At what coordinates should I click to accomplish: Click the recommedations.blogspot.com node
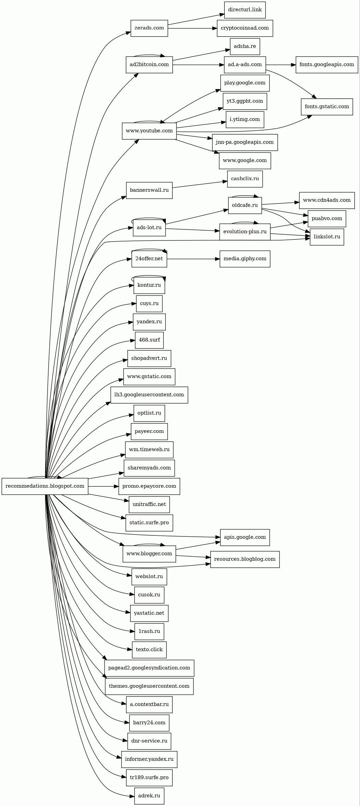coord(45,486)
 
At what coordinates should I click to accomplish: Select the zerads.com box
coord(149,28)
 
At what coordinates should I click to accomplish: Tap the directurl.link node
coord(245,10)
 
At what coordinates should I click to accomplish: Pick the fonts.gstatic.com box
coord(326,107)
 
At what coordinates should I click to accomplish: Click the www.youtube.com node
coord(149,131)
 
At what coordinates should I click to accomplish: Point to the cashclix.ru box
coord(245,179)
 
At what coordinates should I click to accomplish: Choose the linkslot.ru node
coord(326,237)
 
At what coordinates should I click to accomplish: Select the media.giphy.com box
coord(245,259)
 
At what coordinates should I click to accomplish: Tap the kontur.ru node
coord(149,285)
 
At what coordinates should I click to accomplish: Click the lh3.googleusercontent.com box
coord(149,395)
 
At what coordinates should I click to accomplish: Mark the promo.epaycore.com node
coord(149,486)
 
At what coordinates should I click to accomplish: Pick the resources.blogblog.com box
coord(245,559)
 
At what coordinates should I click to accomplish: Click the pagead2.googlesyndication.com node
coord(149,668)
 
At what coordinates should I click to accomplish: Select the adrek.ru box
coord(149,796)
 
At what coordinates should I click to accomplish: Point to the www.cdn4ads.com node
coord(326,200)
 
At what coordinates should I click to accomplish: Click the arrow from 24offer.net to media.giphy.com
coord(193,259)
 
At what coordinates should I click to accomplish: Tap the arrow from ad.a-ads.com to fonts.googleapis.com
coord(281,65)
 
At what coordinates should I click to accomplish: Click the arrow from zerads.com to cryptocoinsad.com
coord(192,28)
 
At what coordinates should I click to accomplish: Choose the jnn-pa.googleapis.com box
coord(245,142)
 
